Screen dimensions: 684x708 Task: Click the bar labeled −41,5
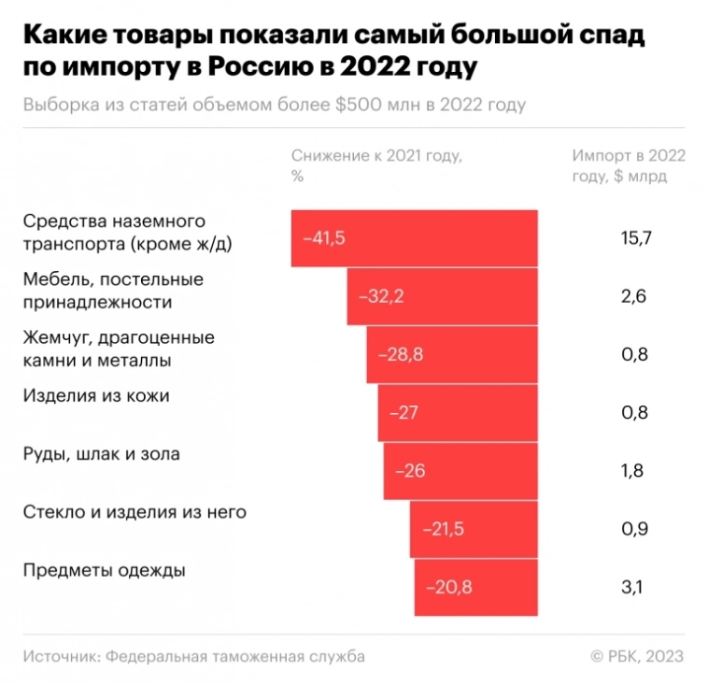pyautogui.click(x=414, y=238)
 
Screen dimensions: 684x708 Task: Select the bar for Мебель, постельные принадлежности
pyautogui.click(x=442, y=296)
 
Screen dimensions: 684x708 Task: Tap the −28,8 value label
pyautogui.click(x=401, y=355)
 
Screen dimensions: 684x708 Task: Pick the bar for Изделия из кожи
pyautogui.click(x=458, y=412)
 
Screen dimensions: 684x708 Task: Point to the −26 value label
pyautogui.click(x=410, y=471)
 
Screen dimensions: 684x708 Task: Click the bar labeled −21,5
pyautogui.click(x=474, y=529)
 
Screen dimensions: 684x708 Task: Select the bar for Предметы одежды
pyautogui.click(x=475, y=588)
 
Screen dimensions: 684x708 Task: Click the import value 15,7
pyautogui.click(x=634, y=238)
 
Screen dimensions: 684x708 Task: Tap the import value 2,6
pyautogui.click(x=634, y=296)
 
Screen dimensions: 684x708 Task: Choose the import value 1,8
pyautogui.click(x=632, y=471)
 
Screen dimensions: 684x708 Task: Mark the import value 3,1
pyautogui.click(x=632, y=588)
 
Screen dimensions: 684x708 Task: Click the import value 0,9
pyautogui.click(x=634, y=529)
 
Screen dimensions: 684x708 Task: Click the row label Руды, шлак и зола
pyautogui.click(x=101, y=454)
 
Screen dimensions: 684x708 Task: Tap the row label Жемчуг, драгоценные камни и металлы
pyautogui.click(x=119, y=348)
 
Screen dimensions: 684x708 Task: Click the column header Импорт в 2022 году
pyautogui.click(x=628, y=165)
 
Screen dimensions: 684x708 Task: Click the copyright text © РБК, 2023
pyautogui.click(x=637, y=656)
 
